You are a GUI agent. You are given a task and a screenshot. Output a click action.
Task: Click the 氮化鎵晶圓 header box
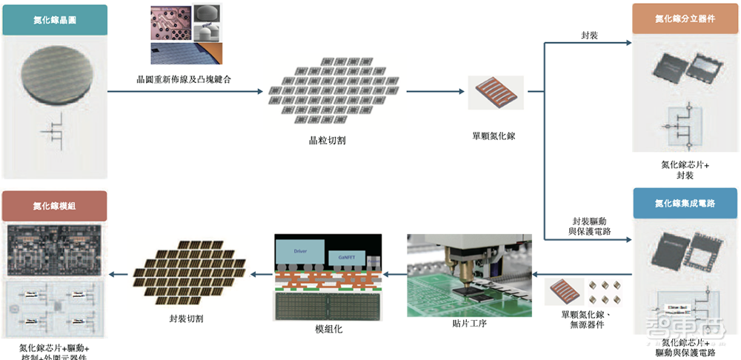pyautogui.click(x=54, y=20)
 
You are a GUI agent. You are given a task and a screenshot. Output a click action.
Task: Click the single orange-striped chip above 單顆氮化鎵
pyautogui.click(x=496, y=93)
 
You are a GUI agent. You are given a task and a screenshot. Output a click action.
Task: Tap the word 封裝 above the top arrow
pyautogui.click(x=591, y=35)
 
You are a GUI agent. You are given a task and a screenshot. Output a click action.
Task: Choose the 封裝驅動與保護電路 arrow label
pyautogui.click(x=591, y=227)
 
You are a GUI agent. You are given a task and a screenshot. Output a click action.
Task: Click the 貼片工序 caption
pyautogui.click(x=468, y=323)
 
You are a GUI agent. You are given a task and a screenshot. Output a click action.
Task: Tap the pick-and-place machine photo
pyautogui.click(x=468, y=274)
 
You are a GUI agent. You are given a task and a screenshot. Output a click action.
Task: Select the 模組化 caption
pyautogui.click(x=328, y=329)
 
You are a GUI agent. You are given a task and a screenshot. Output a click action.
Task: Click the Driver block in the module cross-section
pyautogui.click(x=299, y=251)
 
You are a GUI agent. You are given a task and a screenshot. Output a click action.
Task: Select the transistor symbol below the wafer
pyautogui.click(x=54, y=133)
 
